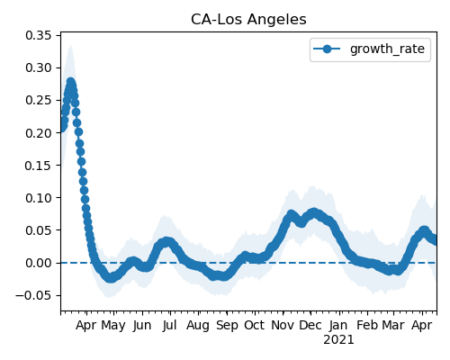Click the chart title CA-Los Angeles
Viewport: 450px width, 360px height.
pyautogui.click(x=248, y=20)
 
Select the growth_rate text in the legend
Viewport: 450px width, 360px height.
pyautogui.click(x=387, y=49)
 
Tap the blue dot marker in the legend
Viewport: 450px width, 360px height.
pyautogui.click(x=327, y=49)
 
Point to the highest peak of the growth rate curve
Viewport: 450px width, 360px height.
pyautogui.click(x=71, y=82)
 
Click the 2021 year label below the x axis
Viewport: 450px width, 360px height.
pyautogui.click(x=338, y=339)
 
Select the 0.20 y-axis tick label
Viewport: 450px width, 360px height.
pyautogui.click(x=39, y=133)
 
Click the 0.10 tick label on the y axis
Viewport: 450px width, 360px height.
pyautogui.click(x=39, y=198)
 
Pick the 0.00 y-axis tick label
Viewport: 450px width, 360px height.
pyautogui.click(x=39, y=263)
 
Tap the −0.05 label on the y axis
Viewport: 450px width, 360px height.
pyautogui.click(x=33, y=295)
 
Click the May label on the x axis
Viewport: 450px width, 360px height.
pyautogui.click(x=113, y=326)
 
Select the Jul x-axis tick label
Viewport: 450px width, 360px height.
pyautogui.click(x=169, y=325)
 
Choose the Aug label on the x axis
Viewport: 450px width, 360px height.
pyautogui.click(x=198, y=326)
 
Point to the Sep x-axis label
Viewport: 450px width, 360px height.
pyautogui.click(x=227, y=326)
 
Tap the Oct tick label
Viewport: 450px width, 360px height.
pyautogui.click(x=255, y=325)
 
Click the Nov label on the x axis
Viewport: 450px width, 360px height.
pyautogui.click(x=283, y=325)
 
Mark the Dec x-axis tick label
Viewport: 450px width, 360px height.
pyautogui.click(x=310, y=325)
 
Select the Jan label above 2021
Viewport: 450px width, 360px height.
pyautogui.click(x=338, y=325)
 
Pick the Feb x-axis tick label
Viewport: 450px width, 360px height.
pyautogui.click(x=367, y=325)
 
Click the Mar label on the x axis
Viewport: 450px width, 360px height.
pyautogui.click(x=393, y=325)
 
